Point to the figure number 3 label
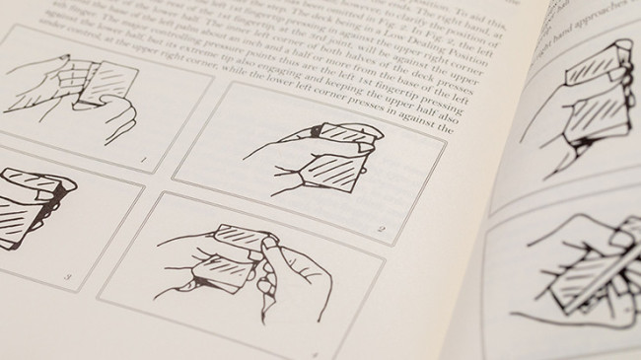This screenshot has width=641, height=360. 68,277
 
